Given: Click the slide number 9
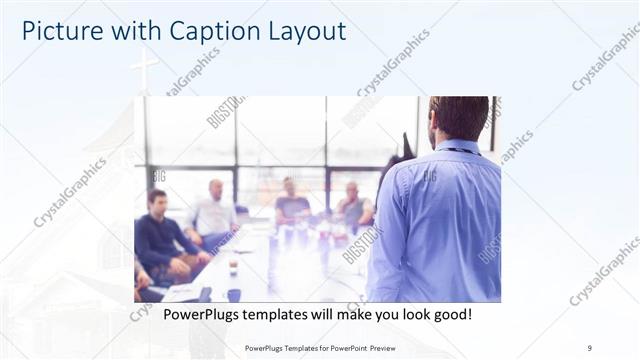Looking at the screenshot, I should click(x=590, y=348).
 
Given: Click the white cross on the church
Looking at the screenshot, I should click(x=144, y=68).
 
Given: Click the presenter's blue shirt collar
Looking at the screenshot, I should click(x=459, y=148).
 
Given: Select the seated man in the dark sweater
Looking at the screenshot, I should click(x=160, y=234).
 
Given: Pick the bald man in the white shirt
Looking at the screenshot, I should click(x=213, y=211).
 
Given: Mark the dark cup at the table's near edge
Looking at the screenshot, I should click(x=233, y=294).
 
